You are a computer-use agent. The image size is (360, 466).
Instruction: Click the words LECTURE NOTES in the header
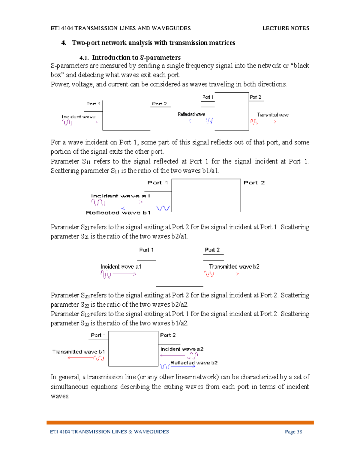pos(286,28)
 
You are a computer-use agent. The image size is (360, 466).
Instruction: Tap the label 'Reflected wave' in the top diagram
pos(191,114)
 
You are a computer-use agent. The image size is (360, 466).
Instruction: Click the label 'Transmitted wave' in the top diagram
pos(273,115)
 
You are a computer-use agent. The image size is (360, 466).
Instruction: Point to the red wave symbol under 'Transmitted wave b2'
pos(209,274)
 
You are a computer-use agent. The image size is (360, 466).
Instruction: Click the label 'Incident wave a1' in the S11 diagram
pos(121,196)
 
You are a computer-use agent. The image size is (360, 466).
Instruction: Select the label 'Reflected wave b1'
pos(118,212)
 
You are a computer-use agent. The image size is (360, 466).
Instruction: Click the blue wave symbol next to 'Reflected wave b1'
pos(163,208)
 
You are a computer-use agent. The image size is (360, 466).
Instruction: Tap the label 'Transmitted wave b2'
pos(234,266)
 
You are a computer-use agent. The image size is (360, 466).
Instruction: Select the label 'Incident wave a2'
pos(182,349)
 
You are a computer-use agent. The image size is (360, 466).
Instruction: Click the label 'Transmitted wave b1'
pos(79,352)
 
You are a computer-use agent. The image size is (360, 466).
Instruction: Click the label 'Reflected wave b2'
pos(194,362)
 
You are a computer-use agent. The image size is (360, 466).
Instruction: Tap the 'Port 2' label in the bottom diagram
pos(168,335)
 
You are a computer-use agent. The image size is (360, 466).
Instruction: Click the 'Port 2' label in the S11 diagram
pos(254,182)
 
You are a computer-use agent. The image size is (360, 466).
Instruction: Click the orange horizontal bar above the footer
pos(180,422)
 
